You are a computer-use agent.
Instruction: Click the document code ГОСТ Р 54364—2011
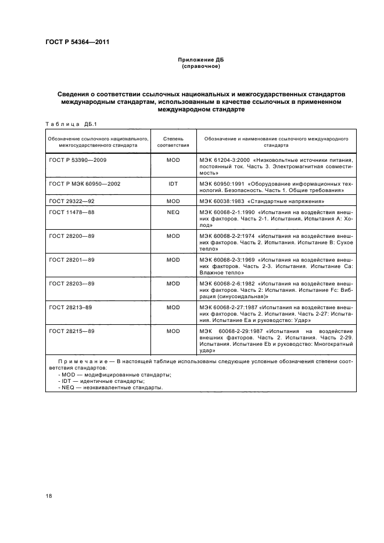pos(77,42)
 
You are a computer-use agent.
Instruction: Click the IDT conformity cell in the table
pos(173,183)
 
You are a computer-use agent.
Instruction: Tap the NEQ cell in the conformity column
pos(173,213)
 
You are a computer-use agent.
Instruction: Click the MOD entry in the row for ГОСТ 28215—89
pos(173,330)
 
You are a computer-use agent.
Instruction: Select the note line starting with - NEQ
pos(111,388)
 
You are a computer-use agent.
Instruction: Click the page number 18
pos(48,495)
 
